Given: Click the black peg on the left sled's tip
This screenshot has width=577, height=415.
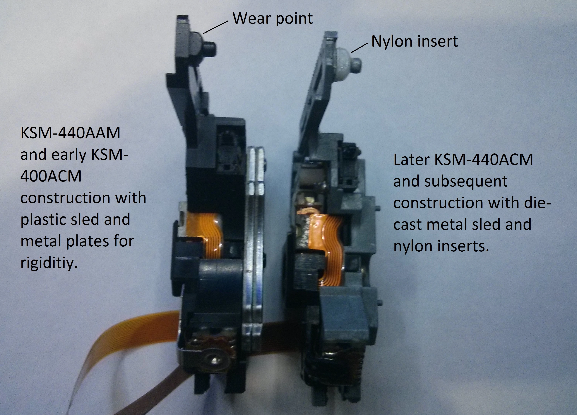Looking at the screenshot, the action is click(211, 48).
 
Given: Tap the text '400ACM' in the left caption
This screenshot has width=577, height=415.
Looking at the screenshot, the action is click(51, 176).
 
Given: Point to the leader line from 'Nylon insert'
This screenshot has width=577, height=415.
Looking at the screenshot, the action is click(359, 48).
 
